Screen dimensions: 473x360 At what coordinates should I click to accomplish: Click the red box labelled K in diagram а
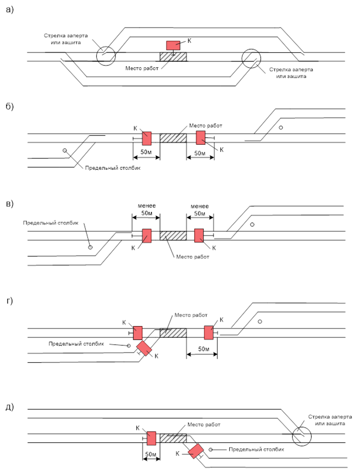pos(174,45)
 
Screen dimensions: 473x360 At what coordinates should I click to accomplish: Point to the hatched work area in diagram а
pos(173,57)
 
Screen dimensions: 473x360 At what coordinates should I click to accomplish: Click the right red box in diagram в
pos(199,235)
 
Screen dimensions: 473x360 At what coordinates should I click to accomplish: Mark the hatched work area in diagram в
pos(173,235)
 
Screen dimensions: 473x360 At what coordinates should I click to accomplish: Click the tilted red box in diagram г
pos(144,348)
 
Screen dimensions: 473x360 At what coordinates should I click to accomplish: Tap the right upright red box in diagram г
pos(208,332)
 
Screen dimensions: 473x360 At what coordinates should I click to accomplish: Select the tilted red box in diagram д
pos(195,451)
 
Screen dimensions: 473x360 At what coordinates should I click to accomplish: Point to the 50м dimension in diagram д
pos(150,454)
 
